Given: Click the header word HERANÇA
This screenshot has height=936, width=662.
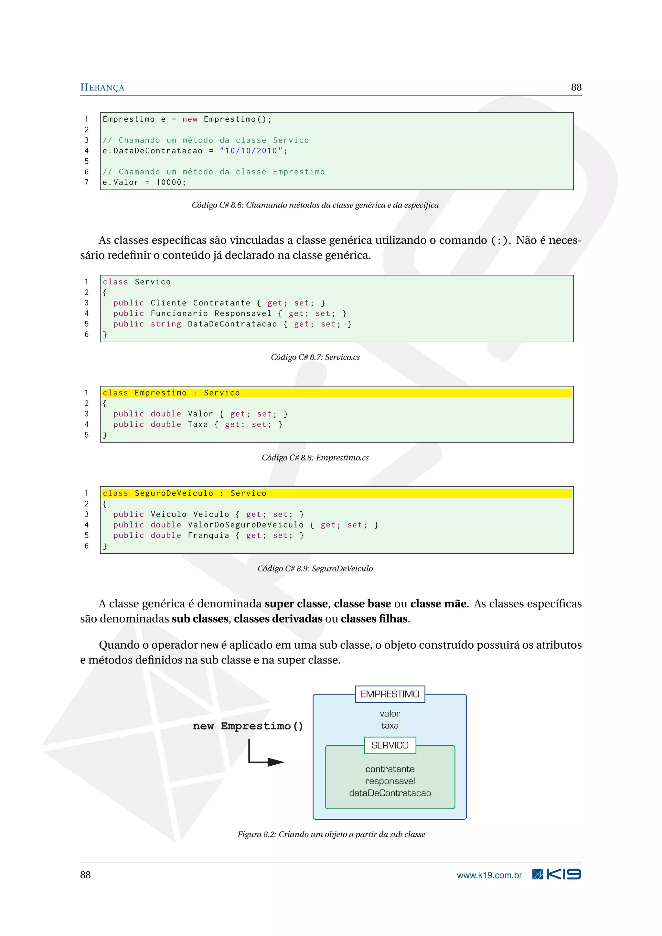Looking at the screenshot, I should pos(102,87).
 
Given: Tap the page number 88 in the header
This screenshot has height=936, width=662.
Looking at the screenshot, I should pos(576,87).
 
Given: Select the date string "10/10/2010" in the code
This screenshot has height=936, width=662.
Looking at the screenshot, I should pos(251,151).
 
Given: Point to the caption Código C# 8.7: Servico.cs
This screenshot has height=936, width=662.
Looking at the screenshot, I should pos(315,357).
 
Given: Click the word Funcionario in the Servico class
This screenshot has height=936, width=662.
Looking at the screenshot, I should pos(179,314).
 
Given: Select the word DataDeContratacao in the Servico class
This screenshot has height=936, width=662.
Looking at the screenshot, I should pos(232,324).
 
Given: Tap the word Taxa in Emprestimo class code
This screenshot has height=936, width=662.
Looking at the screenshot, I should pos(198,424).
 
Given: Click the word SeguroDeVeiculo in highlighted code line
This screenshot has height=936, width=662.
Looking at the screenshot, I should pos(174,493).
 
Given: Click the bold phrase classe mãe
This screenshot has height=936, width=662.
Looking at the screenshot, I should pos(438,604).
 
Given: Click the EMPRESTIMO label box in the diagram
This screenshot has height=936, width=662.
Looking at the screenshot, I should pos(390,694).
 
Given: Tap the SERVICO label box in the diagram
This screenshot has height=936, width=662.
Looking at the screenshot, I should pos(390,745).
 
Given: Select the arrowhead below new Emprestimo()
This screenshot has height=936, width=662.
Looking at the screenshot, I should pos(276,762).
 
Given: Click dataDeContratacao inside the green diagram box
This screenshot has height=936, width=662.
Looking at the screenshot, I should pos(390,793).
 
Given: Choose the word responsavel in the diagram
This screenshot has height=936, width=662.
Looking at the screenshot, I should pos(390,781).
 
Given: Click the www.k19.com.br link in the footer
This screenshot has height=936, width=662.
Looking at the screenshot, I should pos(489,875).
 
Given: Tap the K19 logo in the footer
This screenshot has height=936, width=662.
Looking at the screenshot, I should pos(557,875).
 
